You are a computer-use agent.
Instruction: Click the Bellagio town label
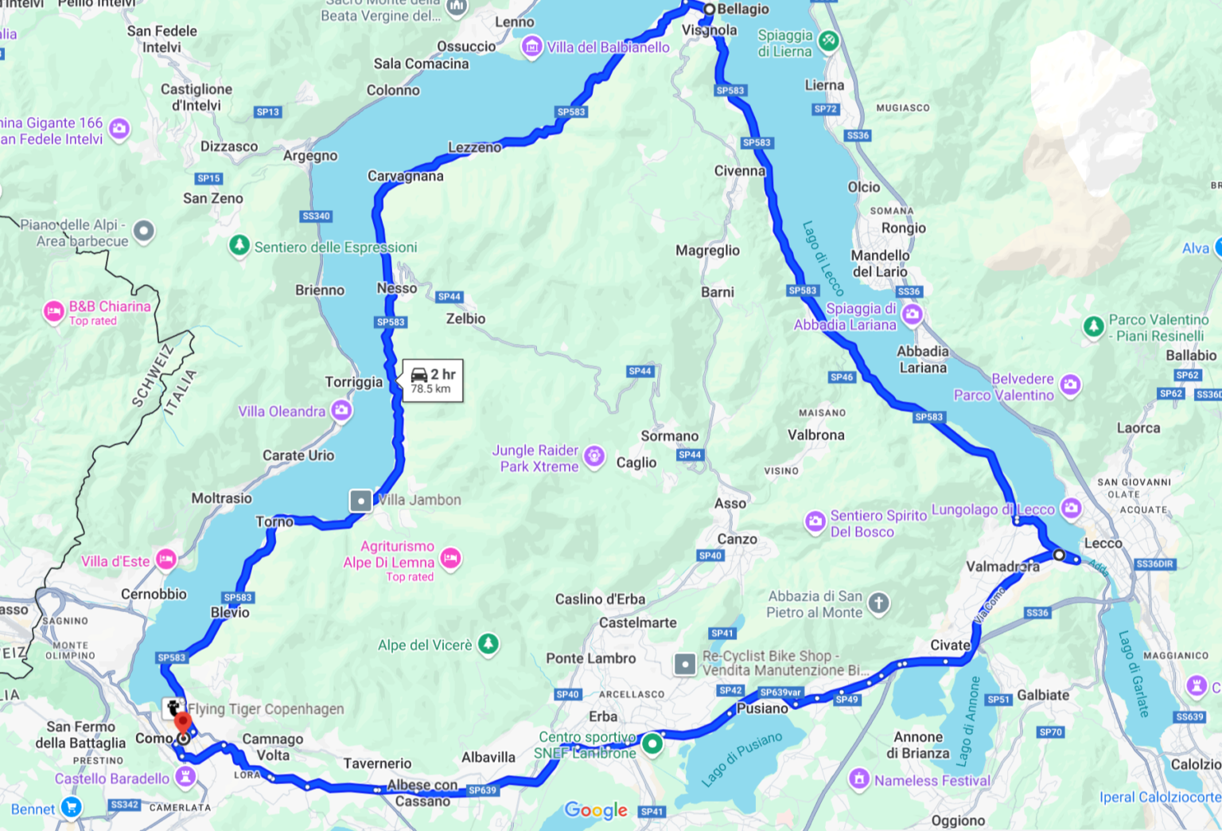[x=743, y=9]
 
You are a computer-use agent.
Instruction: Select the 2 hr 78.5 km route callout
[x=433, y=380]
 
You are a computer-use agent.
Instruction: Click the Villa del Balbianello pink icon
[x=531, y=47]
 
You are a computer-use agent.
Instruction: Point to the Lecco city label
[x=1103, y=543]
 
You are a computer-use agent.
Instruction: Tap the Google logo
[x=596, y=810]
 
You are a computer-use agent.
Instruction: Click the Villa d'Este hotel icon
[x=165, y=560]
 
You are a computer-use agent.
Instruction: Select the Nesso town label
[x=397, y=288]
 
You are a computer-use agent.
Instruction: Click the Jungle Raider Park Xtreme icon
[x=593, y=456]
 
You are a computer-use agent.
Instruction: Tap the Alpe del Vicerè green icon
[x=488, y=644]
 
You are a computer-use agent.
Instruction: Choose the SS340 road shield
[x=316, y=216]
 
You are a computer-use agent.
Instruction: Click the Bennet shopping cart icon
[x=71, y=807]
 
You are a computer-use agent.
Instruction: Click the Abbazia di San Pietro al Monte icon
[x=878, y=603]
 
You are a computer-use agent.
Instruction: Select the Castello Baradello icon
[x=185, y=776]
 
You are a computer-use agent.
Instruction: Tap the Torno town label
[x=274, y=521]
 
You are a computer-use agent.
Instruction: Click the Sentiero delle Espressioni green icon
[x=239, y=245]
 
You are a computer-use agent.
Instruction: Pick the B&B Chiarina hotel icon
[x=54, y=312]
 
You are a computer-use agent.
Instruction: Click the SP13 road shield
[x=268, y=112]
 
